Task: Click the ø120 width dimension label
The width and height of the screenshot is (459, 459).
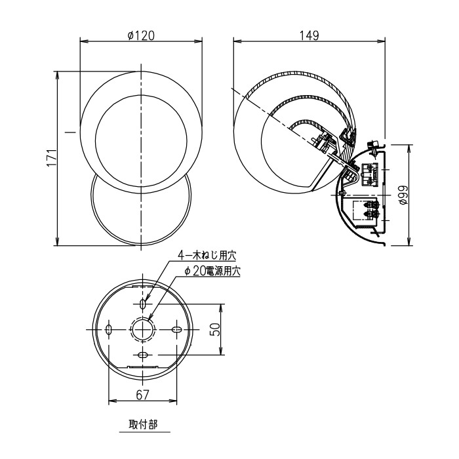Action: coord(141,36)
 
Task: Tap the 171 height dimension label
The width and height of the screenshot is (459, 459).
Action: coord(52,158)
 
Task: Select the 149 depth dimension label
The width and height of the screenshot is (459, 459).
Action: coord(309,35)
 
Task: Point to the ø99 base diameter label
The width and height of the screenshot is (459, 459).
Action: coord(403,195)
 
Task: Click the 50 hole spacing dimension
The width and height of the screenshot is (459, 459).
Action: coord(215,330)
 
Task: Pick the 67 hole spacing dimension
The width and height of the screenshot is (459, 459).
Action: coord(142,395)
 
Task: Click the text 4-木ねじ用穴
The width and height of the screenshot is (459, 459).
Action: coord(207,256)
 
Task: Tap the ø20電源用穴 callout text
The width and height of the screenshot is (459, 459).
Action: coord(212,271)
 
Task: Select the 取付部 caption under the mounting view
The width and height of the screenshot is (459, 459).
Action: coord(143,424)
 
